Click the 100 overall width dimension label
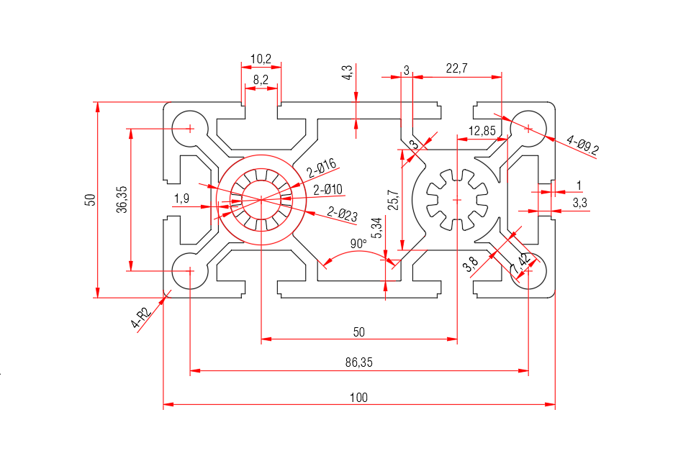coord(358,397)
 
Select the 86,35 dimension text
coord(358,363)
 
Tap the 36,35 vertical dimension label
coord(122,198)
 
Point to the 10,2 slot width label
coord(261,58)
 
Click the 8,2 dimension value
coord(261,81)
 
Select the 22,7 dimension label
coord(457,68)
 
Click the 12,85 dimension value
coord(482,130)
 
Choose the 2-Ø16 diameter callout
coord(322,169)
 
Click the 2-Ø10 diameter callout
coord(327,190)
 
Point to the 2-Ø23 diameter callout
coord(343,213)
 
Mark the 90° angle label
coord(358,243)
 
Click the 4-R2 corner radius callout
coord(141,317)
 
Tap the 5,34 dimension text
coord(376,229)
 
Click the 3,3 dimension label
coord(579,204)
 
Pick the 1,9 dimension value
coord(181,198)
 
